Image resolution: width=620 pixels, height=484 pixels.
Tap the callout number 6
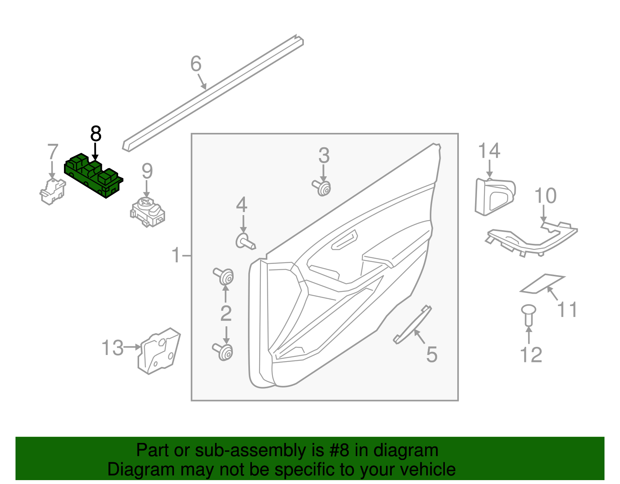[196, 64]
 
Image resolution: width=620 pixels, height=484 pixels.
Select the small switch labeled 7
[52, 191]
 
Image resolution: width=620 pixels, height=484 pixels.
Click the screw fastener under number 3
[322, 188]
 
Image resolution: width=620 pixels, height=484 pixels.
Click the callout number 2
[226, 313]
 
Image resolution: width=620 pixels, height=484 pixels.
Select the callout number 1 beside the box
[176, 255]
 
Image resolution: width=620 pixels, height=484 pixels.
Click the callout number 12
[530, 355]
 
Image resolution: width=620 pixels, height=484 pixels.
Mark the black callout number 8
[95, 134]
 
